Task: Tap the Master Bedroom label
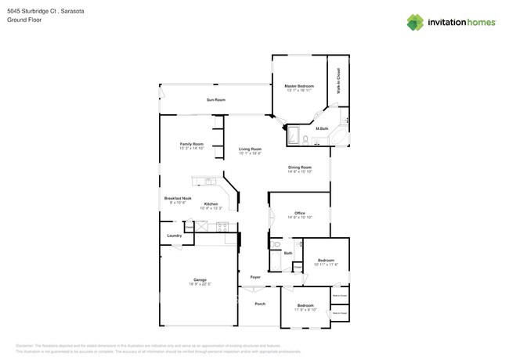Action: point(299,85)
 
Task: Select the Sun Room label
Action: point(215,100)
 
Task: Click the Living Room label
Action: point(250,149)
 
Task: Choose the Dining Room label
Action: point(299,167)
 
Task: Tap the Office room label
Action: point(299,213)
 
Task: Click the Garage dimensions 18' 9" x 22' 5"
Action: point(200,284)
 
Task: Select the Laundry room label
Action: point(174,236)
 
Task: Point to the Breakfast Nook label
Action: point(177,199)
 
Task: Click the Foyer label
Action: point(255,278)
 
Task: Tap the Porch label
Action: point(260,304)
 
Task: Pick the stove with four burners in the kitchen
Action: point(222,227)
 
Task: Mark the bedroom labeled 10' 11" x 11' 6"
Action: point(326,262)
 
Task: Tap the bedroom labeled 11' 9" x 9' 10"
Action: point(305,308)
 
